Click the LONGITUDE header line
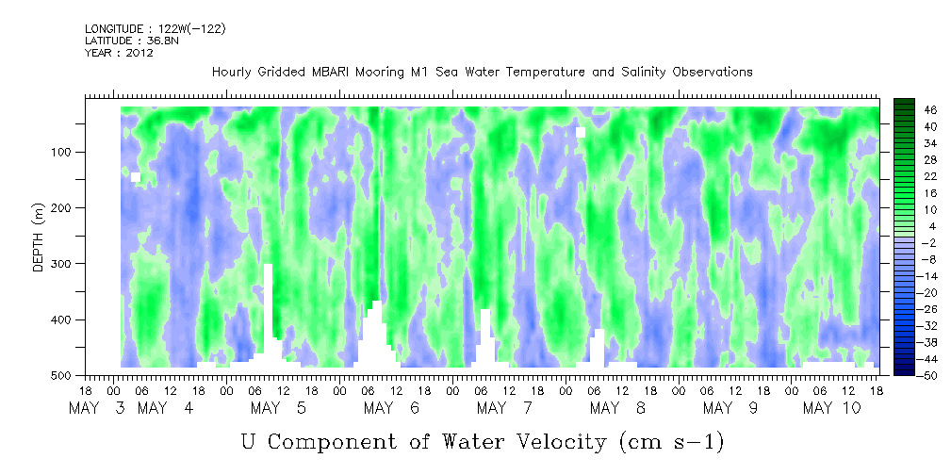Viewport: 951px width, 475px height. click(x=155, y=29)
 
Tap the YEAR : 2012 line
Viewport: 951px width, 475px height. click(x=119, y=53)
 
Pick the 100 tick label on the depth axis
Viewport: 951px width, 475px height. click(x=65, y=152)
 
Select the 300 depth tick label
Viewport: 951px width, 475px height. click(x=65, y=264)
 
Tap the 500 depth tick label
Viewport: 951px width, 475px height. click(x=65, y=375)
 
